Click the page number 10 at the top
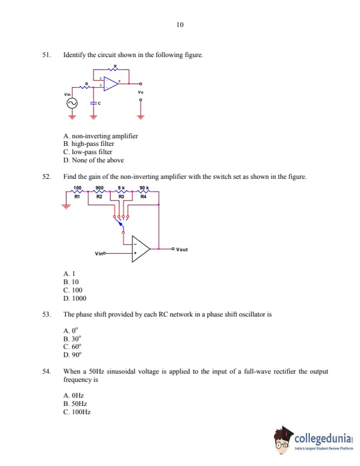point(179,25)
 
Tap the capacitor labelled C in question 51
point(92,103)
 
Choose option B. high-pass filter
point(88,144)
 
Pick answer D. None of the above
point(94,160)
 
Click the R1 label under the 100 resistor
point(76,197)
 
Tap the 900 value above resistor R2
point(99,188)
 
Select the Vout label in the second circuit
point(182,249)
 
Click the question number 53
point(46,314)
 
